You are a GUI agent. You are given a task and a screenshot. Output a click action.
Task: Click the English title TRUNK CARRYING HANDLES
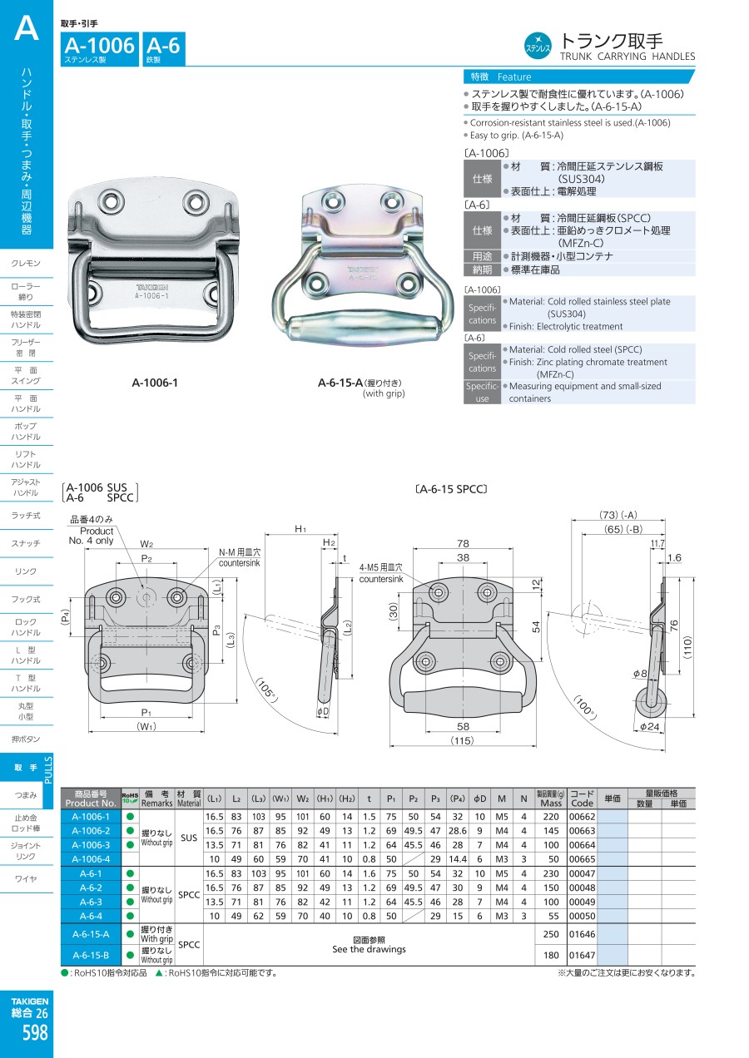click(627, 57)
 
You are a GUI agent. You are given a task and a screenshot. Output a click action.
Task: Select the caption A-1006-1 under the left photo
click(156, 383)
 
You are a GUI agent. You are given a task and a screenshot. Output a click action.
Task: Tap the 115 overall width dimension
click(464, 739)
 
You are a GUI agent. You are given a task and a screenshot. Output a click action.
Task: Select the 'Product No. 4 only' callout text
click(97, 536)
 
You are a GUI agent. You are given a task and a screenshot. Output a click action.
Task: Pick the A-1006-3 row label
click(91, 844)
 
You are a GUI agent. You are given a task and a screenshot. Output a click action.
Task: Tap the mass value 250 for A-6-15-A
click(550, 934)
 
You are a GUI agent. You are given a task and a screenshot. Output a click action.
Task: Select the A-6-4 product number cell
click(91, 915)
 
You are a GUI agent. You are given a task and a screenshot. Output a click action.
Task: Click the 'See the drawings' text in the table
click(369, 949)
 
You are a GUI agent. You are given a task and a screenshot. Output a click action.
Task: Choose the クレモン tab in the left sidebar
click(26, 264)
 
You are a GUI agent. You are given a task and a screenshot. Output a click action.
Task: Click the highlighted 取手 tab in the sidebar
click(26, 768)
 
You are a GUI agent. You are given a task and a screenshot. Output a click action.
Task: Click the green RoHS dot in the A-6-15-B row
click(130, 955)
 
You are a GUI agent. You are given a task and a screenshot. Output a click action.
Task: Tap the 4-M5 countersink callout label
click(381, 573)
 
